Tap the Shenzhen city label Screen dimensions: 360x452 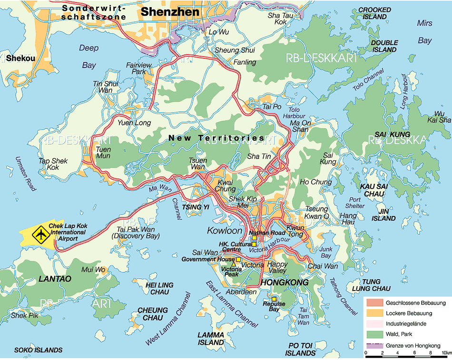click(164, 11)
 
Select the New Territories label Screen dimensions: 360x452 click(216, 138)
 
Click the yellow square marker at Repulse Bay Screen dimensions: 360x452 click(274, 299)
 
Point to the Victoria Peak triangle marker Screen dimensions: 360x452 click(233, 265)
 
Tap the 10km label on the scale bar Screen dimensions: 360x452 click(446, 353)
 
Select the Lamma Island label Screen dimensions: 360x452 click(211, 339)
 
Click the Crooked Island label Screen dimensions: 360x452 click(374, 13)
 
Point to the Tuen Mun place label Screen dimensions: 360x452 click(103, 152)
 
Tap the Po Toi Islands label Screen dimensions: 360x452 click(300, 350)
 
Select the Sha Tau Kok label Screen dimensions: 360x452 click(277, 19)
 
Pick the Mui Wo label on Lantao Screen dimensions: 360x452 click(93, 270)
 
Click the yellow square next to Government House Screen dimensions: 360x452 click(238, 259)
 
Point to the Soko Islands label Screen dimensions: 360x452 click(38, 350)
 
